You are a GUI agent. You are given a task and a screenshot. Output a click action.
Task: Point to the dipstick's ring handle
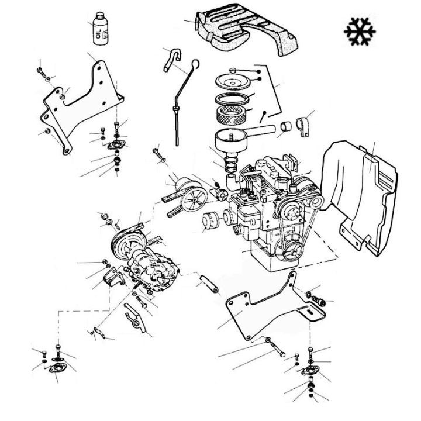tap(195, 63)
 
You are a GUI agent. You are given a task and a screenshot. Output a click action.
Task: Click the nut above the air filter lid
tap(234, 69)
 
